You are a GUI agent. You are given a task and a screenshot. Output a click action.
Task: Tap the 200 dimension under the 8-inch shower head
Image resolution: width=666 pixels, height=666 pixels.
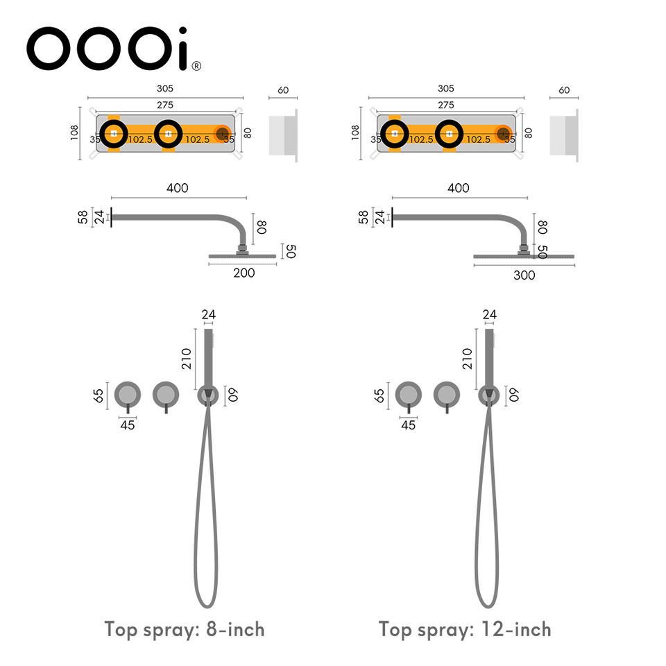244,273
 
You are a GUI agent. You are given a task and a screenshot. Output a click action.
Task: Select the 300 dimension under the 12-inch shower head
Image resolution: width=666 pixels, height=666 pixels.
524,275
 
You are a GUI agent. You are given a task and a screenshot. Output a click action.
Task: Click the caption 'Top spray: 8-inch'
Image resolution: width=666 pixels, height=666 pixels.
185,630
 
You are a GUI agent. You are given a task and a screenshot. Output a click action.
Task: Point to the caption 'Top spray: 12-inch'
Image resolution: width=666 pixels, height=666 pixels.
465,630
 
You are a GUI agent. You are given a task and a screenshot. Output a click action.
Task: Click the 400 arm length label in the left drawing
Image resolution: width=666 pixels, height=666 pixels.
177,188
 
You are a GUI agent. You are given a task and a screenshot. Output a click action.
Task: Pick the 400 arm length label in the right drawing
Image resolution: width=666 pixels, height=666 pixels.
458,188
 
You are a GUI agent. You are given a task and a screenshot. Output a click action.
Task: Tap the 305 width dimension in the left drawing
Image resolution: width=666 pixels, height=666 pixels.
164,89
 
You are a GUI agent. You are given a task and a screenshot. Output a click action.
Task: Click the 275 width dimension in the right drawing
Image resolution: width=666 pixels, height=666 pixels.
445,105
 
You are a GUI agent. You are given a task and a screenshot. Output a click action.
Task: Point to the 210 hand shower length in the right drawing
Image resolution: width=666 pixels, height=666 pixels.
467,359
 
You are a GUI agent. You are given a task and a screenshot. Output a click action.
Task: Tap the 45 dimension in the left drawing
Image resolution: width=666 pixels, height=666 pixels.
128,425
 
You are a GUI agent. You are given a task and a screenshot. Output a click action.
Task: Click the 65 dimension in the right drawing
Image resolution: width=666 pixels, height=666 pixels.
379,396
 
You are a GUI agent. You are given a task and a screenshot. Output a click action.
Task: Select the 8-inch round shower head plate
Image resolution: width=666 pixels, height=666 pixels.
242,257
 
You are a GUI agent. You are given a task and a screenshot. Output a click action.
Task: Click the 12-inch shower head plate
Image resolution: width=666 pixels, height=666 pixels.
524,257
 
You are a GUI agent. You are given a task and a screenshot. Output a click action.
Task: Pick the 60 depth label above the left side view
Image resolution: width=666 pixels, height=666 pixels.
283,90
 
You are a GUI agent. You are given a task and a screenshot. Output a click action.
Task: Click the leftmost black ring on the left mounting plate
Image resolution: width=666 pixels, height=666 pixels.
114,134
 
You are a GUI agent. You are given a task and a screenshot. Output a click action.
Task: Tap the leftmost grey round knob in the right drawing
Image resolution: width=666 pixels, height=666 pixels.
408,395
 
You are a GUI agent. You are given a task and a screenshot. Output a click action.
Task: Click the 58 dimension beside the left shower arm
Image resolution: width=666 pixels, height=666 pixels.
83,218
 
